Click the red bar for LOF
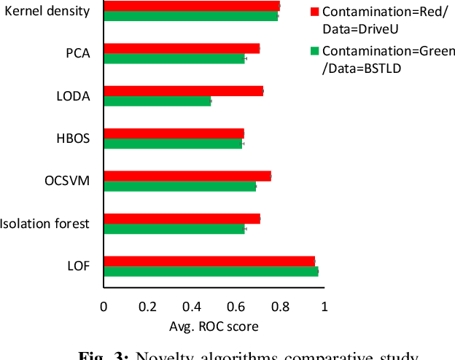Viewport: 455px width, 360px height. coord(209,261)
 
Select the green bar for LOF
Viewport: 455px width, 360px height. coord(211,272)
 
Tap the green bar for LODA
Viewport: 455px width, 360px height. coord(157,101)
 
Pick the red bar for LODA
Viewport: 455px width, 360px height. coord(183,90)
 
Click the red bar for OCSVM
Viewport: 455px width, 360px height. coord(187,176)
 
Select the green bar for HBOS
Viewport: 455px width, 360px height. coord(173,144)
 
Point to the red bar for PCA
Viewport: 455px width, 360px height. coord(182,48)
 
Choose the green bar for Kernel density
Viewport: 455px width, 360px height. coord(191,16)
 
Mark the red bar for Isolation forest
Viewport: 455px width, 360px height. coord(182,219)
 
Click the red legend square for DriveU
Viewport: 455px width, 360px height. coord(315,12)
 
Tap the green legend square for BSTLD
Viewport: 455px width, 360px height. coord(315,51)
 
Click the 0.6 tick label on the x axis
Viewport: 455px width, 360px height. coord(236,306)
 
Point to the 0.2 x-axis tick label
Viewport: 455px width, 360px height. coord(148,306)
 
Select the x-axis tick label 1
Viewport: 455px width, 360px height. coord(324,306)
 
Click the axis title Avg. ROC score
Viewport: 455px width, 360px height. coord(214,326)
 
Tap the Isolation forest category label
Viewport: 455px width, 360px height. coord(44,223)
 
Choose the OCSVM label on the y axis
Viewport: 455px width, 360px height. coord(68,180)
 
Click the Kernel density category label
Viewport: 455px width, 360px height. coord(47,11)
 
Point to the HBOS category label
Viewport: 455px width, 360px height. coord(73,138)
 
